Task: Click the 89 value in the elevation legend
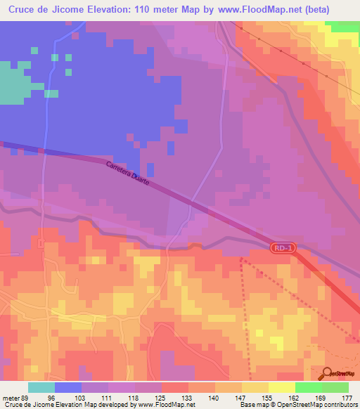point(25,398)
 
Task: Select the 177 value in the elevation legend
point(345,398)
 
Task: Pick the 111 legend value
point(105,398)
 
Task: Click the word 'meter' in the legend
point(11,398)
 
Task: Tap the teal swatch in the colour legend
point(41,387)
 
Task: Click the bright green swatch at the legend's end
point(335,387)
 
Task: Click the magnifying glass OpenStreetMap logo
point(326,373)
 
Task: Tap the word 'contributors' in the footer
point(338,405)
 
